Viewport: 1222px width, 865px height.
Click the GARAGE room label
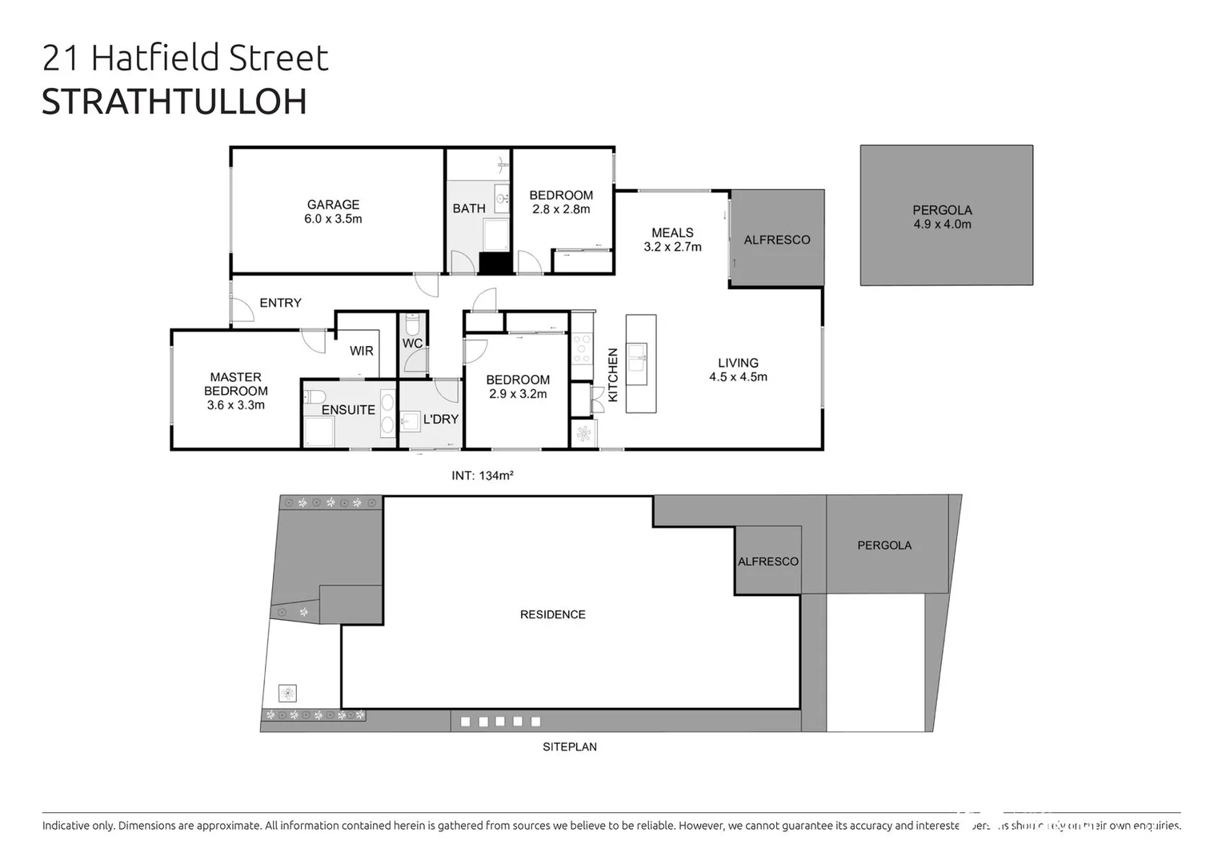click(x=333, y=204)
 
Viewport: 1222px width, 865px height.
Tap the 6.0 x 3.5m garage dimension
click(x=333, y=219)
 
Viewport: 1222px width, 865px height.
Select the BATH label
click(x=469, y=208)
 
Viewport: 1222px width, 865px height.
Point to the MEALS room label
click(x=672, y=232)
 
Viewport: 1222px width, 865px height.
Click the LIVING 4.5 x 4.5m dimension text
click(x=738, y=377)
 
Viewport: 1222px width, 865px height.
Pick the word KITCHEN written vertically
click(x=613, y=375)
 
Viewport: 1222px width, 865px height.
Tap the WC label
click(x=412, y=344)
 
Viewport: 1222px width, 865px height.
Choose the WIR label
click(x=362, y=351)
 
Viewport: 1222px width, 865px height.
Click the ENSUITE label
click(x=348, y=410)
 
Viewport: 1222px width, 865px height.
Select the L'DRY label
click(x=440, y=419)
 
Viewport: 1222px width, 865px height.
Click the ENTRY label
click(x=280, y=303)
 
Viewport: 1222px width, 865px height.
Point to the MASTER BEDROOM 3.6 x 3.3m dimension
click(x=235, y=405)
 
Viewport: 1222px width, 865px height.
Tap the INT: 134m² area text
click(x=482, y=476)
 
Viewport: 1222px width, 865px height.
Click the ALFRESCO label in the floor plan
click(x=776, y=239)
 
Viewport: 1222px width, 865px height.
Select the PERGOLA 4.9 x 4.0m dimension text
click(x=942, y=224)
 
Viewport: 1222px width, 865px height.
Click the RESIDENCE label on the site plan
click(x=552, y=614)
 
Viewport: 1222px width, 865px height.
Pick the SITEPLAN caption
click(x=569, y=746)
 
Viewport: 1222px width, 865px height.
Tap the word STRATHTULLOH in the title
click(x=174, y=102)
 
